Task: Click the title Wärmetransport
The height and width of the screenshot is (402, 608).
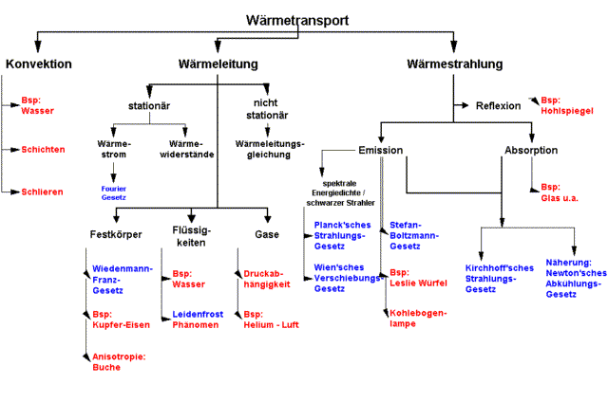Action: point(296,20)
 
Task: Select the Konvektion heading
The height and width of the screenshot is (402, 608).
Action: point(39,64)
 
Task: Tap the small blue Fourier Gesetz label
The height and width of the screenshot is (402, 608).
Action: point(114,192)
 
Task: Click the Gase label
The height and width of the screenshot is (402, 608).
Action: point(267,234)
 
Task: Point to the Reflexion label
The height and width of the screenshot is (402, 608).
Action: point(498,105)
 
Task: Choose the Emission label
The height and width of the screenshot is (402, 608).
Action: point(381,151)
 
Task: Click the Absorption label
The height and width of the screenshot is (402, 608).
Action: point(530,151)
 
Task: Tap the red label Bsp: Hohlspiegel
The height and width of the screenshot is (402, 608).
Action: point(566,104)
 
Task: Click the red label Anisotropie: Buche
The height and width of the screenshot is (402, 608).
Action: point(113,361)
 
